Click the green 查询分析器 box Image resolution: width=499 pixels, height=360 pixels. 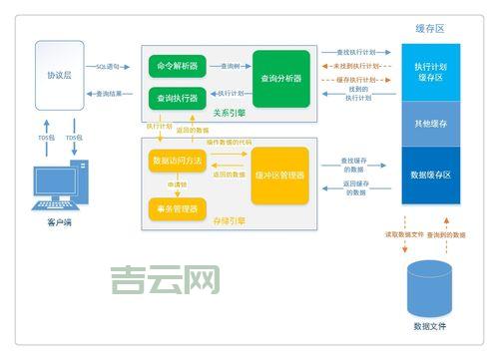(x=281, y=79)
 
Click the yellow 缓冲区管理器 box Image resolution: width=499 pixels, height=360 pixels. (x=281, y=176)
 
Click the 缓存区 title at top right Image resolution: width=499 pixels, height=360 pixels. (x=430, y=28)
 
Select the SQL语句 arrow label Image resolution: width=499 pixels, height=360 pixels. (x=107, y=66)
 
